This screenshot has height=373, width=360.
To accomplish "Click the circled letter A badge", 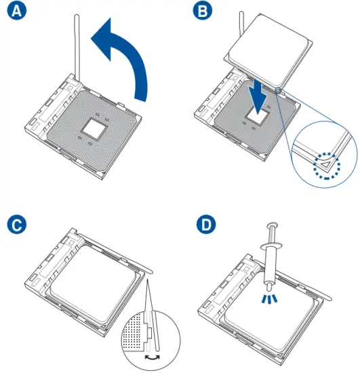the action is pyautogui.click(x=17, y=10).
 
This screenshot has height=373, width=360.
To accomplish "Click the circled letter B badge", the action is pyautogui.click(x=203, y=10).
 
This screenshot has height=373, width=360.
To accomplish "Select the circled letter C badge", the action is pyautogui.click(x=17, y=224).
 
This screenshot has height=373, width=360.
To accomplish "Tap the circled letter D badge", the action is pyautogui.click(x=206, y=224).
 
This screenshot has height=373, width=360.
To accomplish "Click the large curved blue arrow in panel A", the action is pyautogui.click(x=133, y=55).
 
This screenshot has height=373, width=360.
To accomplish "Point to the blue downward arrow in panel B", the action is pyautogui.click(x=258, y=96).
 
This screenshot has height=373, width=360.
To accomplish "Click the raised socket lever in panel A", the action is pyautogui.click(x=77, y=47).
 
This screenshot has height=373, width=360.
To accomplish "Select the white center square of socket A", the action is pyautogui.click(x=94, y=128).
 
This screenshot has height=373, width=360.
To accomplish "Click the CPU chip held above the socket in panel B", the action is pyautogui.click(x=268, y=50).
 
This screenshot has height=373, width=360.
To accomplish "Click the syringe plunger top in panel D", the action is pyautogui.click(x=273, y=224).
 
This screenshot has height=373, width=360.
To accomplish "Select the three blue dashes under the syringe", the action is pyautogui.click(x=269, y=299).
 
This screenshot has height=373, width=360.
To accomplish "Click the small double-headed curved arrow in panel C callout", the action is pyautogui.click(x=153, y=357).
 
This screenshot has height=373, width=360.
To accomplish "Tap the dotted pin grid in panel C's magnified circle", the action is pyautogui.click(x=134, y=332).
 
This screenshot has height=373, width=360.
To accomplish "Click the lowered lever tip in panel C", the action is pyautogui.click(x=150, y=271).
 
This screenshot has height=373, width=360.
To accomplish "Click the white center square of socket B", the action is pyautogui.click(x=257, y=116).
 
